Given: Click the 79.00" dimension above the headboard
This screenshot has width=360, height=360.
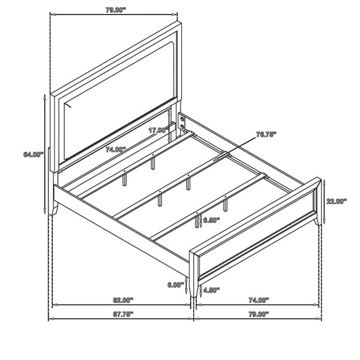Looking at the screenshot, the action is pos(116,10).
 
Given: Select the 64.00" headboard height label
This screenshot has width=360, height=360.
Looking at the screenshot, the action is pos(33,154).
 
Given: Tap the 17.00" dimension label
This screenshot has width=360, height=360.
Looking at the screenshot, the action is pos(157,130).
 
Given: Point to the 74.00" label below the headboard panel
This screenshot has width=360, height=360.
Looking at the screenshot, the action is pos(116,149).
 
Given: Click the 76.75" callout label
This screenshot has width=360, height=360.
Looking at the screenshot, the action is pos(266,134).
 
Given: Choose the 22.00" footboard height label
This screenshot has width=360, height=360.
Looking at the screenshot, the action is pos(337,202).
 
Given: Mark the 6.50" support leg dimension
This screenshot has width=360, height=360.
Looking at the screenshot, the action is pos(211,220).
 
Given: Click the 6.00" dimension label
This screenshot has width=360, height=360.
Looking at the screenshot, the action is pos(176,285).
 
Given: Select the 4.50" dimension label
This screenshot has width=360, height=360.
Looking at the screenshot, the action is pos(211,290).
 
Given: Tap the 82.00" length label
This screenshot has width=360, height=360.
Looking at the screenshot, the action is pos(123,300).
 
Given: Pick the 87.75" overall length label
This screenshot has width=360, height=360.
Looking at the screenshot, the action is pos(123,314).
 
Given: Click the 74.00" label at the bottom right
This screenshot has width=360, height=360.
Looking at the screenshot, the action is pos(259,300).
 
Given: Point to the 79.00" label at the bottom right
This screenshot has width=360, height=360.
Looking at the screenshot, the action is pos(259,314).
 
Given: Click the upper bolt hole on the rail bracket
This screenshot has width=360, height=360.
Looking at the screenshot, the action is pos(183,119).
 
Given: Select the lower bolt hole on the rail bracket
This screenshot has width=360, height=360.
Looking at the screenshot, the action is pos(183,127).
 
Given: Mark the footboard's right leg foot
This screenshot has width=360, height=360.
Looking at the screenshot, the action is pos(317,221).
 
